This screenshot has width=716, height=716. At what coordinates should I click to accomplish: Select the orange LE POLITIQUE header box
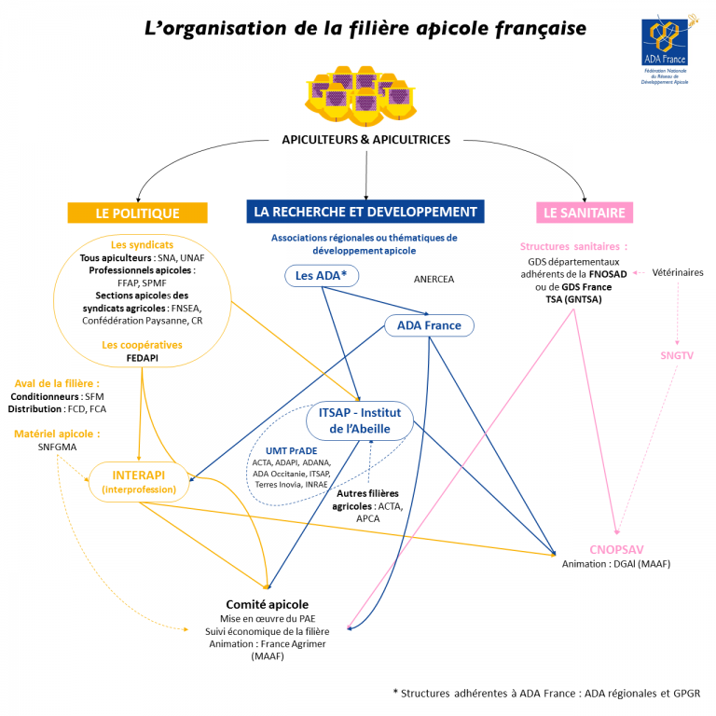click(137, 213)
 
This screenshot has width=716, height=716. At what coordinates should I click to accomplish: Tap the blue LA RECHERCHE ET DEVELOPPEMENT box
click(365, 212)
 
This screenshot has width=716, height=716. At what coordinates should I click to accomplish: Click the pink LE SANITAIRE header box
click(585, 213)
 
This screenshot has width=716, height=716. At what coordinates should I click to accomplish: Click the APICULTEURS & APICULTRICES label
click(366, 140)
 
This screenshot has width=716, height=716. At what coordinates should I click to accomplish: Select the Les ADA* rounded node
click(322, 276)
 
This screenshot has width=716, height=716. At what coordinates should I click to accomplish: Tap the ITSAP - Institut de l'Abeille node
click(359, 420)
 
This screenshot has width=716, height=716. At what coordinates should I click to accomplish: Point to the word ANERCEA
click(434, 279)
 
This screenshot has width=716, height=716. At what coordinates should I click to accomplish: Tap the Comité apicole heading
click(267, 604)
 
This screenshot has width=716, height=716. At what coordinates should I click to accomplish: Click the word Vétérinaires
click(678, 273)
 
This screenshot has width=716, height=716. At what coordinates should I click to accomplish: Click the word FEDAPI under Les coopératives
click(141, 357)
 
